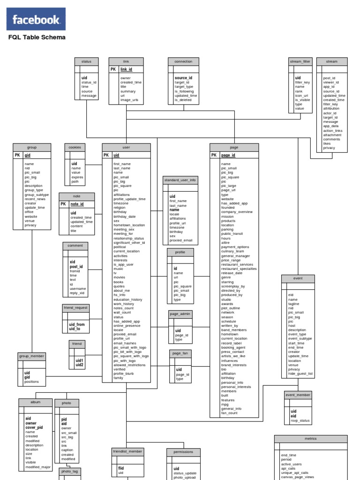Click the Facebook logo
point(36,20)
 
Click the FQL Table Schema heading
point(37,37)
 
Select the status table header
point(86,61)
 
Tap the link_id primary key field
point(126,69)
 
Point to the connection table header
point(183,61)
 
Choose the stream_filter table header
point(300,61)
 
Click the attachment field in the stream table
point(332,135)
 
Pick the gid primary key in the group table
point(28,155)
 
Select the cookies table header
point(75,147)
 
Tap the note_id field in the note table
point(77,204)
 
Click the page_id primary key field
point(228,155)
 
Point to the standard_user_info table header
point(180,180)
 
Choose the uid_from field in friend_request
point(77,324)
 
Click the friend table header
point(77,344)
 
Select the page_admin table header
point(180,314)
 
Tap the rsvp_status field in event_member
point(300,420)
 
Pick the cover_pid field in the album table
point(34,427)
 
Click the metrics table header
point(310,439)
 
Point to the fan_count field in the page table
point(229,413)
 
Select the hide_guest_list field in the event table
point(300,374)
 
